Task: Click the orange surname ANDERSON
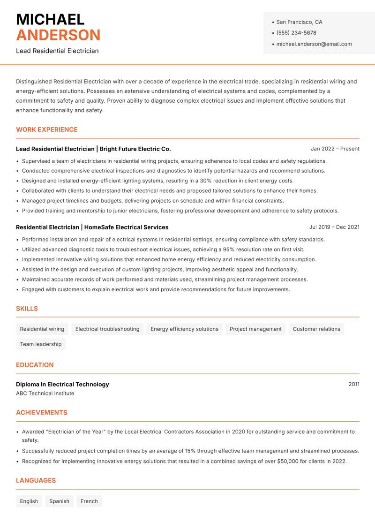click(58, 35)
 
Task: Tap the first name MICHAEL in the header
click(50, 19)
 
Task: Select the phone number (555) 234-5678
click(296, 33)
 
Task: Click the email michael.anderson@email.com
click(314, 44)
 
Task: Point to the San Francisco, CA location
click(299, 22)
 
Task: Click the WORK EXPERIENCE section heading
click(47, 129)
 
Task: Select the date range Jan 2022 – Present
click(335, 149)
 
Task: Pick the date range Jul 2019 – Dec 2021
click(334, 227)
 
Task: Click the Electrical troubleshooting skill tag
click(107, 329)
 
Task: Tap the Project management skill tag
click(255, 329)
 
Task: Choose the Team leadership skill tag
click(41, 344)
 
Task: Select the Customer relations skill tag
click(316, 329)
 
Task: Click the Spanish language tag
click(59, 501)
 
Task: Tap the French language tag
click(89, 501)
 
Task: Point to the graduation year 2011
click(354, 384)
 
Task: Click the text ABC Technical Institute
click(45, 394)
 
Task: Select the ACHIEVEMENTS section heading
click(42, 413)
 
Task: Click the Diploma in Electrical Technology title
click(62, 384)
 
